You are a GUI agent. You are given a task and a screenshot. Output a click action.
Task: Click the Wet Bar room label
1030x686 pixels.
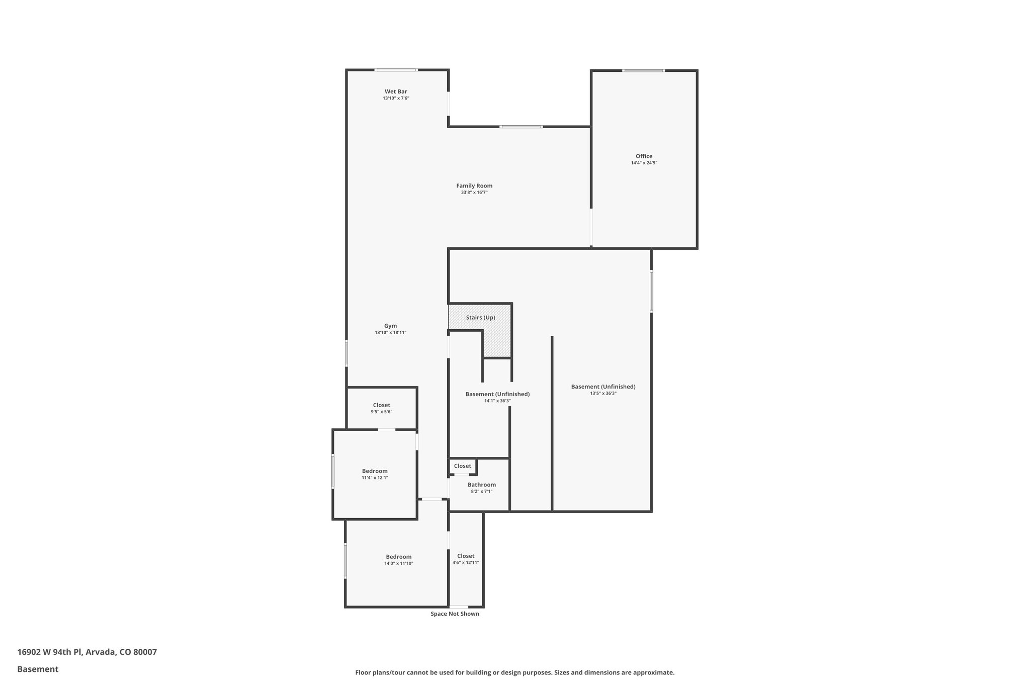click(x=396, y=91)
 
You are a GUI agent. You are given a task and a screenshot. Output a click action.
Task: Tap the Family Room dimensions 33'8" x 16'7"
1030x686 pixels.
click(x=474, y=192)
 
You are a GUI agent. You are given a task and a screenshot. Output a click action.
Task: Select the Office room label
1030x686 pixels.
click(x=644, y=156)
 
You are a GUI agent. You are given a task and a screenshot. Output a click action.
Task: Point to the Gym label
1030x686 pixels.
click(x=390, y=326)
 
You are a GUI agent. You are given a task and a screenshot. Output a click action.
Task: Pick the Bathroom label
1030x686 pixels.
click(x=481, y=485)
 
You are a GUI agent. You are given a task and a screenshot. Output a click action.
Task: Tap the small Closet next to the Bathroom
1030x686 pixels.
click(x=462, y=466)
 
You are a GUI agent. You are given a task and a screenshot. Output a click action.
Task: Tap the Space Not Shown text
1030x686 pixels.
click(x=455, y=614)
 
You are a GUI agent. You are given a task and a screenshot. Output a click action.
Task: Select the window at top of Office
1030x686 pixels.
click(x=643, y=71)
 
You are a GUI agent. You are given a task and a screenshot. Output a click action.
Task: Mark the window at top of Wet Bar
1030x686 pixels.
click(x=396, y=70)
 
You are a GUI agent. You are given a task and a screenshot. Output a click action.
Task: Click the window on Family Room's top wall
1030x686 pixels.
click(x=521, y=127)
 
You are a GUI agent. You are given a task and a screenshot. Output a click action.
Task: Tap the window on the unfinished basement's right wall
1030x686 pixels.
click(x=651, y=291)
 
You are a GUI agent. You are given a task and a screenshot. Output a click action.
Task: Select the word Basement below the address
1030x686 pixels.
click(x=38, y=669)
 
